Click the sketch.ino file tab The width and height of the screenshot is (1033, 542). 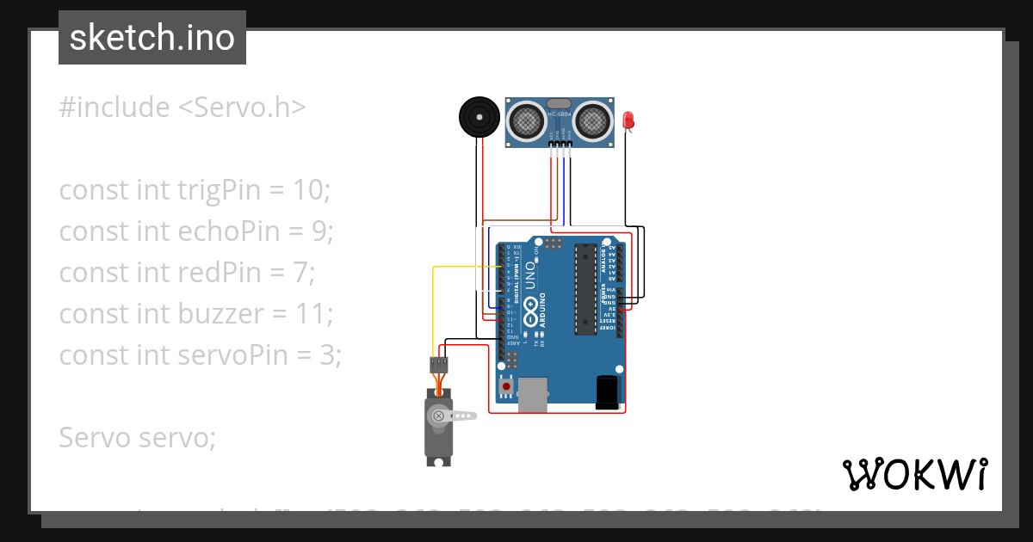coord(152,38)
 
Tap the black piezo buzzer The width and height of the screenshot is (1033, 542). coord(478,116)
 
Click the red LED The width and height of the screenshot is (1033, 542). coord(628,120)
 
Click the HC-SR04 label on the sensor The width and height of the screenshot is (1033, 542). coord(559,114)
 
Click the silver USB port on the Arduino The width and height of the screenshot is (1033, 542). coord(533,394)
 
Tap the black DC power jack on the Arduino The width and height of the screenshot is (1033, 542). coord(607,391)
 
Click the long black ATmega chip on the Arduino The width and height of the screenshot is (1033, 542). coord(586,288)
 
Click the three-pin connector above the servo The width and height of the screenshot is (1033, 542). coord(439,364)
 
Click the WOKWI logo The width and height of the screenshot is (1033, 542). coord(914,474)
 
